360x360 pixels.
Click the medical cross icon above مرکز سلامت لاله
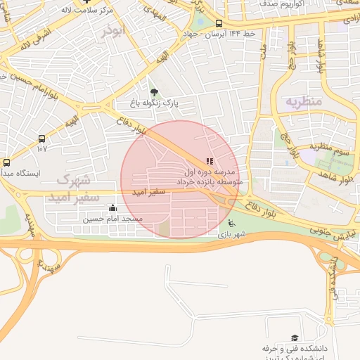86,2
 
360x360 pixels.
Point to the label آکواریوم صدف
270,4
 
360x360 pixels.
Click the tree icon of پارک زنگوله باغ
154,91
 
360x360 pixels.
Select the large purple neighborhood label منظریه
303,101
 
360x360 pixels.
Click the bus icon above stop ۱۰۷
42,139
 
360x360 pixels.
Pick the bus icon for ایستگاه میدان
7,162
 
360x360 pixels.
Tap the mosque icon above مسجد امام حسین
113,207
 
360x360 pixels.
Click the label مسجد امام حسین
113,219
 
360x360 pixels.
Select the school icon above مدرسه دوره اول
210,162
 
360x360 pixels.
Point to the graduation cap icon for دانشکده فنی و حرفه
294,338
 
